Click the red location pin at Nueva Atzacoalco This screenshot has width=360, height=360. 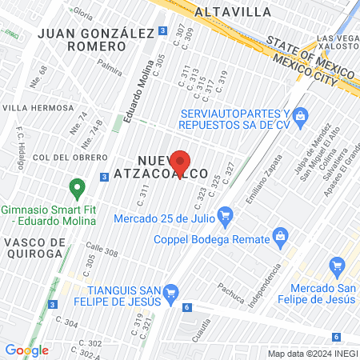[180, 161]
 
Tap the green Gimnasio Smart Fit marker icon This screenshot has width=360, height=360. [78, 190]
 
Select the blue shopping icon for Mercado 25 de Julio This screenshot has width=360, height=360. [225, 215]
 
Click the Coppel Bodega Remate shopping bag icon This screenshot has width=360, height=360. [280, 235]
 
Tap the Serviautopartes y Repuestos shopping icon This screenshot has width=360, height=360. [301, 117]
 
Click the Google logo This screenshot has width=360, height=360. [26, 350]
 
